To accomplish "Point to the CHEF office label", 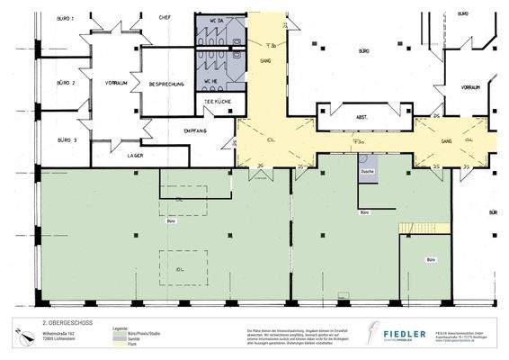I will coord(165,16).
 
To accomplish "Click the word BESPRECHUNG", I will coord(166,84).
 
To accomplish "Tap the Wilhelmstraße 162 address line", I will coord(60,331).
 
